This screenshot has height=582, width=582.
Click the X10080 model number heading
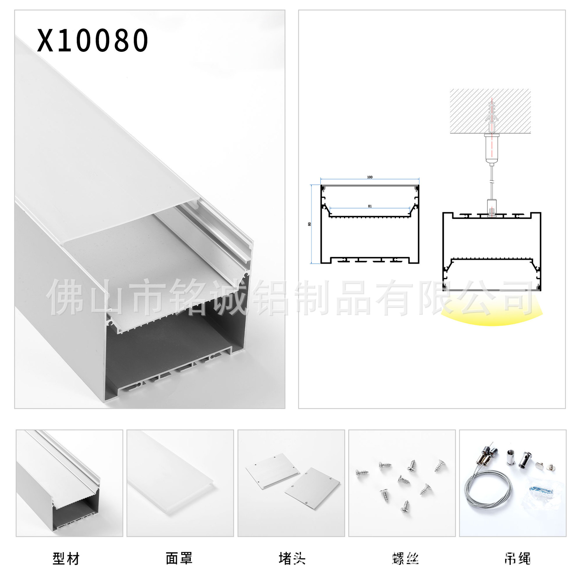click(92, 40)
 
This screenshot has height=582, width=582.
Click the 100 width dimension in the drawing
click(370, 177)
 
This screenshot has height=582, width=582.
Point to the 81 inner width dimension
click(370, 206)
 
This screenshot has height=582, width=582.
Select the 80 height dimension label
click(309, 224)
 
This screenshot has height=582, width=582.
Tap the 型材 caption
click(66, 558)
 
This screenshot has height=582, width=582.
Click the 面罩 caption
click(179, 558)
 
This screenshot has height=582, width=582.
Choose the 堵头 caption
click(292, 558)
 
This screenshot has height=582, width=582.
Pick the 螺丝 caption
click(405, 558)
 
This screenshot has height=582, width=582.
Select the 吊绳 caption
click(517, 558)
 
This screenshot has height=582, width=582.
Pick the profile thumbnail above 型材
click(69, 483)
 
